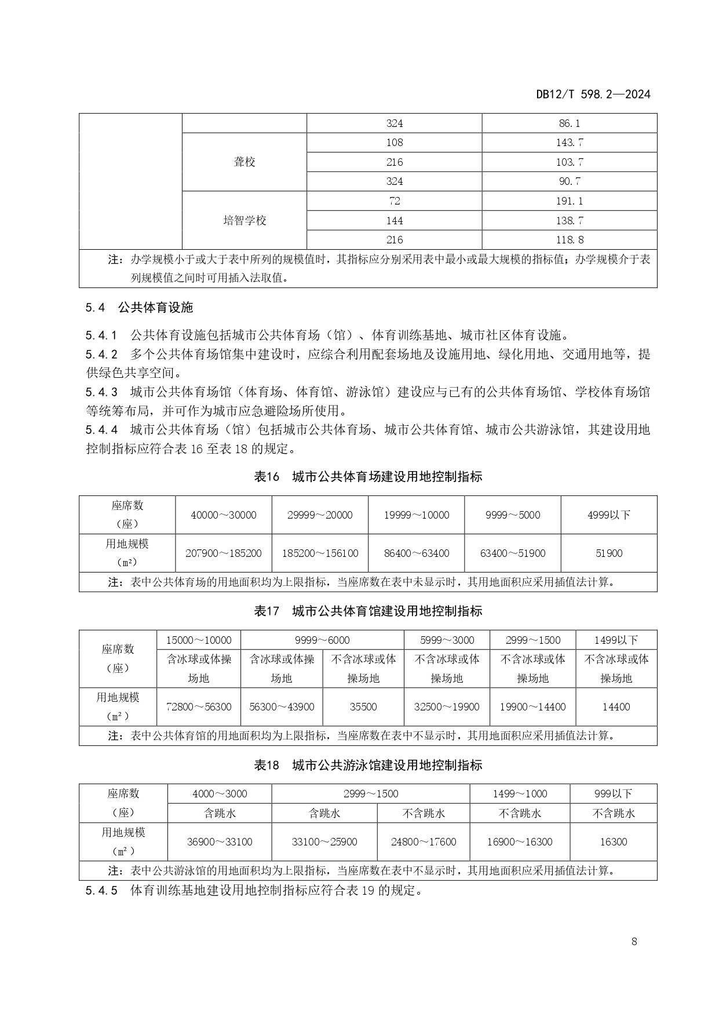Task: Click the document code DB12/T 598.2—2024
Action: [x=593, y=94]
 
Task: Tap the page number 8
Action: [x=634, y=941]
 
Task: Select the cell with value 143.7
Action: [x=569, y=143]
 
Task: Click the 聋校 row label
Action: [x=244, y=162]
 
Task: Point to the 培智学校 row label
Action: [x=244, y=221]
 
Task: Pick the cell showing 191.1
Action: [x=569, y=201]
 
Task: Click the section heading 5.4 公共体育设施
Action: [x=139, y=308]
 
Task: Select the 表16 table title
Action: [x=368, y=477]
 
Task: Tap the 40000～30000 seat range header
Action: [x=223, y=515]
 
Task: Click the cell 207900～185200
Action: [x=223, y=553]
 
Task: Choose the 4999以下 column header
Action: [x=608, y=515]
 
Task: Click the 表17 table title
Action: [x=368, y=611]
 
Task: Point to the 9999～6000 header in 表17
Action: [x=322, y=640]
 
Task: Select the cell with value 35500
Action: [x=363, y=707]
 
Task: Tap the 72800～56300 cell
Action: [x=199, y=707]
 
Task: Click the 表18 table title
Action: [x=368, y=765]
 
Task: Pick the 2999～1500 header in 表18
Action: [x=371, y=794]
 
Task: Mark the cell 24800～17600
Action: [x=424, y=842]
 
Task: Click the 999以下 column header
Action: [x=613, y=794]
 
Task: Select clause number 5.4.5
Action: [x=101, y=891]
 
